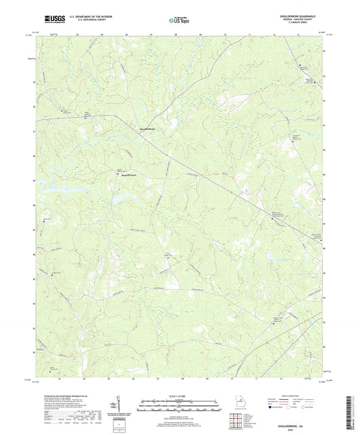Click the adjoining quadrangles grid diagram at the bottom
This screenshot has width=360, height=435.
(x=235, y=419)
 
